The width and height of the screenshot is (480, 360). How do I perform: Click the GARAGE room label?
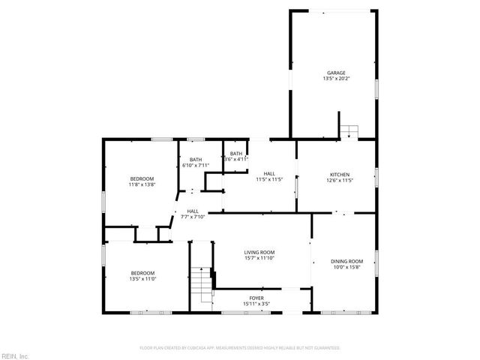(335, 73)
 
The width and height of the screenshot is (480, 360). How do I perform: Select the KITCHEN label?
(340, 174)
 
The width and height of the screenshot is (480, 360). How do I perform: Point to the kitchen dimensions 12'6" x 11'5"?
(340, 180)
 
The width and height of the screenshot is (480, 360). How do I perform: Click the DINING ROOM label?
(346, 261)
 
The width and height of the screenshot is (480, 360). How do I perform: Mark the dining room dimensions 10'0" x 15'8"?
(346, 267)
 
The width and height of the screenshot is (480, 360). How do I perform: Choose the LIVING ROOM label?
(259, 252)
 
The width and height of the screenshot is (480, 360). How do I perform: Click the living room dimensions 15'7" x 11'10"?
(259, 258)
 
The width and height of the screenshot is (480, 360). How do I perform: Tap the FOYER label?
(256, 298)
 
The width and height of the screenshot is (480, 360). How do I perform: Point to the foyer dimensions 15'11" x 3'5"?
(256, 304)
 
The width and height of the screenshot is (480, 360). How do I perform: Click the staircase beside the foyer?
(202, 285)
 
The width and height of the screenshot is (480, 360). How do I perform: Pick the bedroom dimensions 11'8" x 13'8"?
(142, 184)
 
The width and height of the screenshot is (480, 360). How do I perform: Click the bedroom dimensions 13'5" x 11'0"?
(142, 278)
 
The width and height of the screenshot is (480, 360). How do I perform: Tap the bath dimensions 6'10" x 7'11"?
(195, 165)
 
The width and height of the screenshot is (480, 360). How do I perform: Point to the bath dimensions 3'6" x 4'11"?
(235, 159)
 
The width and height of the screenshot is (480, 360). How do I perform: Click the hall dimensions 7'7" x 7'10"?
(193, 217)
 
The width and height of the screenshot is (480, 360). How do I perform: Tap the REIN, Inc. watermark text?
(14, 355)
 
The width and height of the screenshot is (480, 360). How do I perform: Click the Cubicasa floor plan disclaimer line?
(240, 348)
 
